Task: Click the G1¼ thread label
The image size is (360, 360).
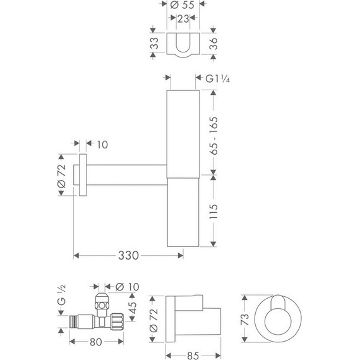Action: pos(218,79)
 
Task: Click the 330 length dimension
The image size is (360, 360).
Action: pos(129,255)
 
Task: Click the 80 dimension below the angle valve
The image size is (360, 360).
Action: pos(96,344)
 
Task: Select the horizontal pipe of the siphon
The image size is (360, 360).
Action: pos(126,171)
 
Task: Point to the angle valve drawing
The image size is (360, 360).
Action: pos(95,313)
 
